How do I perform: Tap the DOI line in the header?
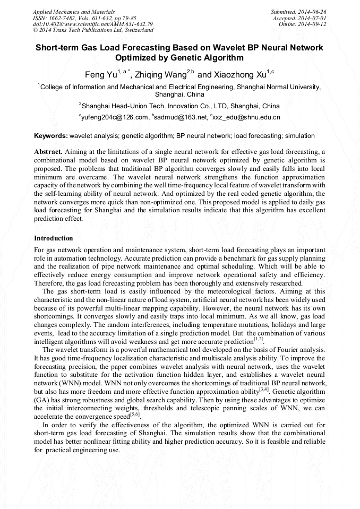click(x=93, y=24)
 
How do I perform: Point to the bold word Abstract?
click(x=49, y=151)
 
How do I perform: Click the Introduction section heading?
click(x=54, y=238)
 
